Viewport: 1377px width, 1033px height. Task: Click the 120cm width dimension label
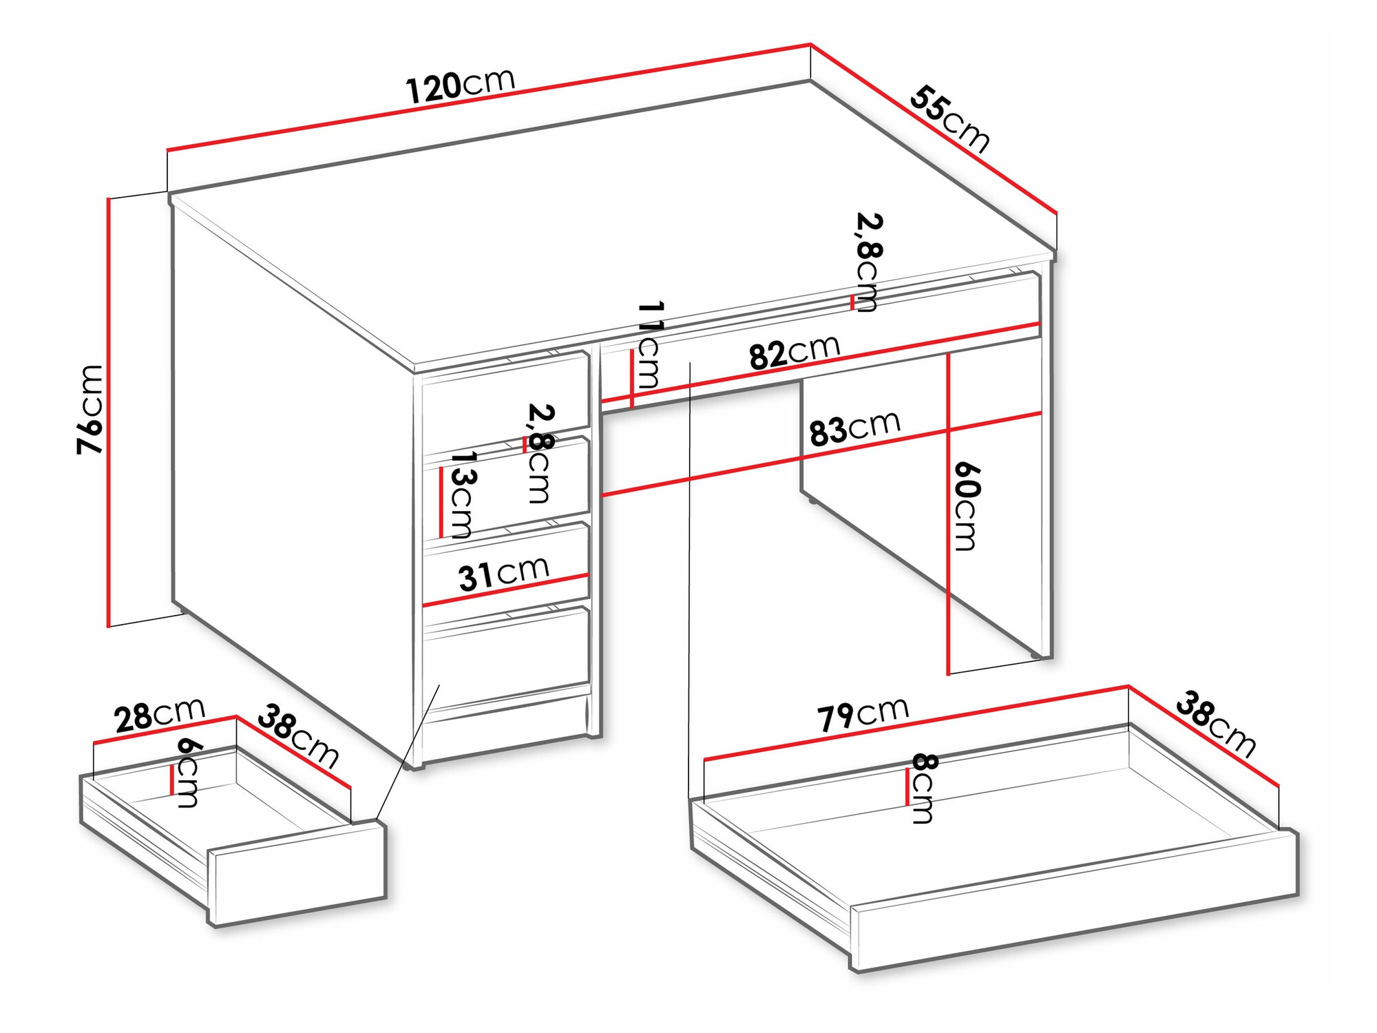(x=460, y=85)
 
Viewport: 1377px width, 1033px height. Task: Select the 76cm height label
(x=90, y=409)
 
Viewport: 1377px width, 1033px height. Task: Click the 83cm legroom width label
(x=854, y=429)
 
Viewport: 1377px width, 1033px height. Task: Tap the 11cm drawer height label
(x=649, y=344)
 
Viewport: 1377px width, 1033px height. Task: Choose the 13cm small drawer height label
(x=461, y=494)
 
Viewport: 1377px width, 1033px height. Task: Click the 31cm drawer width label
(x=503, y=574)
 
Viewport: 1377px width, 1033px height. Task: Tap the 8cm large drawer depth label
(x=923, y=788)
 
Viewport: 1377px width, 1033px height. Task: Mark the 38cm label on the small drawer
(x=298, y=735)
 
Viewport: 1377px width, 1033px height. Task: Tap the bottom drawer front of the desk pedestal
(x=506, y=654)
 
